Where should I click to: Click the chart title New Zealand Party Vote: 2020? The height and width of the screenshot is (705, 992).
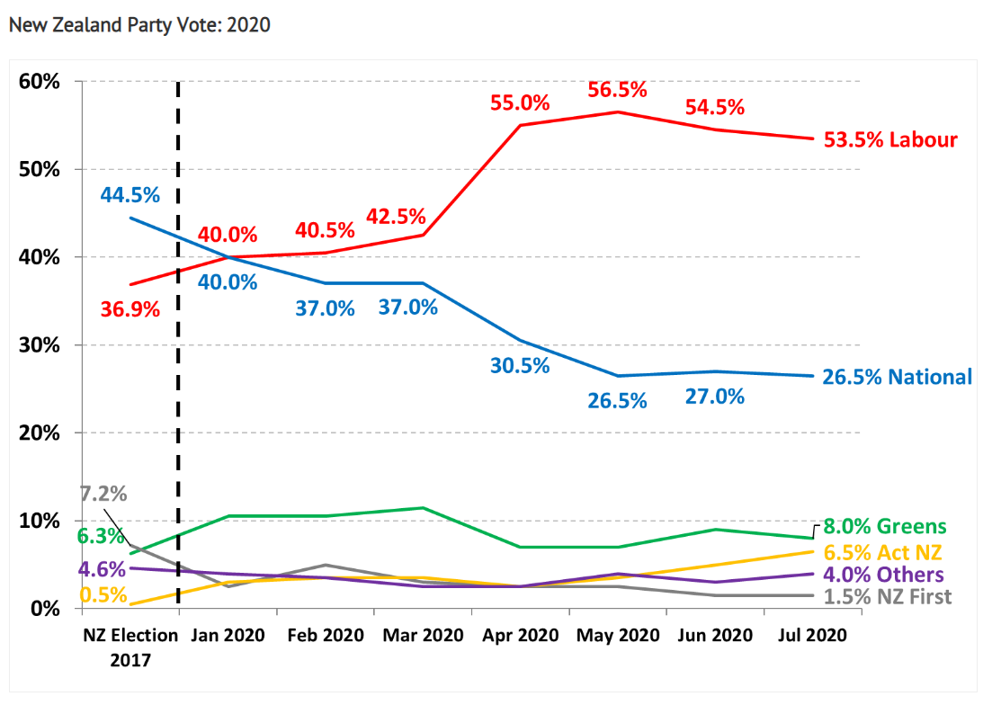(x=139, y=25)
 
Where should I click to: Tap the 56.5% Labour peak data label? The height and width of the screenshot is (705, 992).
(x=618, y=90)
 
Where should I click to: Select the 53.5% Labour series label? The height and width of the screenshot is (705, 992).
(x=890, y=140)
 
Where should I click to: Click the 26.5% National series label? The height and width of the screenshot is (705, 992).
(x=897, y=377)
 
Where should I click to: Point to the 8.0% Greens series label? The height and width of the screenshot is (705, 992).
(x=885, y=527)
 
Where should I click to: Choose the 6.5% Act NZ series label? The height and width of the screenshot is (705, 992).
(x=885, y=552)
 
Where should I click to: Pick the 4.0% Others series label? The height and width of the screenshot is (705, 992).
(x=885, y=575)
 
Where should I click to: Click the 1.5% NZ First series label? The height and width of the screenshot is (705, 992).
(x=888, y=597)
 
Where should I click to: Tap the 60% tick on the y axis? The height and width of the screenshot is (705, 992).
(x=40, y=82)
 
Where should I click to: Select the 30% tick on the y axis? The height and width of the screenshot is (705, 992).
(x=40, y=345)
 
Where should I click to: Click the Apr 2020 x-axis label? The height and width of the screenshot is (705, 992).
(x=520, y=636)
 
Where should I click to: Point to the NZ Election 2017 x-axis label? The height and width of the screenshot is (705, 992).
(x=130, y=647)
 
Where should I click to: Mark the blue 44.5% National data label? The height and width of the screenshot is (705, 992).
(x=130, y=194)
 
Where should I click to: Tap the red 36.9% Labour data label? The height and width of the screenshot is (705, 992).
(x=130, y=310)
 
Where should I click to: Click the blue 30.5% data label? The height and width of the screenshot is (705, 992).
(x=520, y=366)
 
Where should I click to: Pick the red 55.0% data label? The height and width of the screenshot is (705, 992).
(x=520, y=103)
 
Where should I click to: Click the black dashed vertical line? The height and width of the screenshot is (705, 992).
(x=178, y=270)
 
